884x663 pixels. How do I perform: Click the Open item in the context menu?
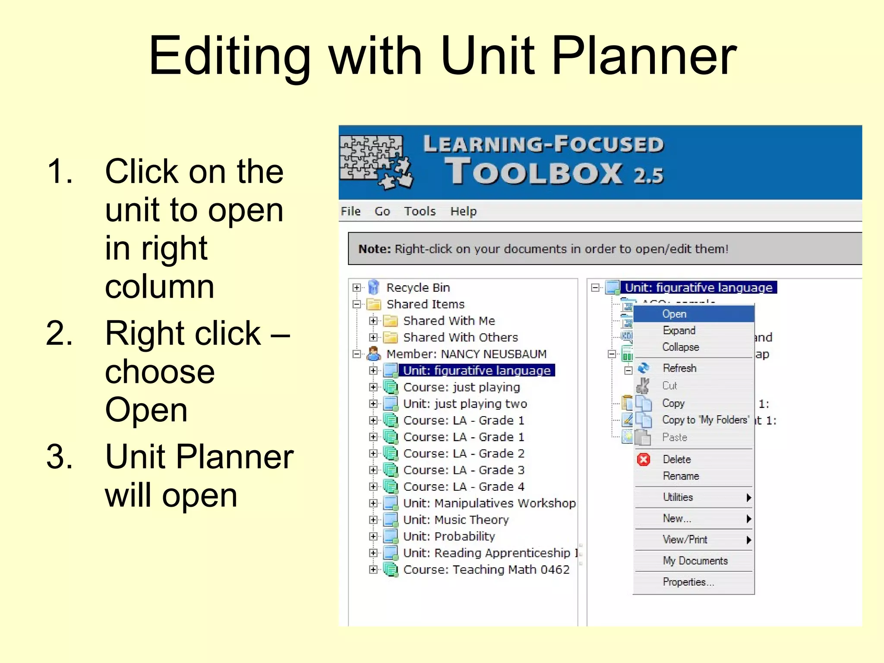674,314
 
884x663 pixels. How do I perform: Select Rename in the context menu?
681,476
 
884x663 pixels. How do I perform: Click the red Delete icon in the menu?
643,459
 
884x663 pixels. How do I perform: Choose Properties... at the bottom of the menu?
688,582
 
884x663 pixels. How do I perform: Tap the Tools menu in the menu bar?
420,211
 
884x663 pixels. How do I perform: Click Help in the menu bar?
463,211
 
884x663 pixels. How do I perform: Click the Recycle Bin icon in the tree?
374,287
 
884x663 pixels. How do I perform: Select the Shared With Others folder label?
460,337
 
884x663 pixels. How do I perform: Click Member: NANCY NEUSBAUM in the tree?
466,354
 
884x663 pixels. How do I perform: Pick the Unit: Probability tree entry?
449,536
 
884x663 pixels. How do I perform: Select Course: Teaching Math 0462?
486,569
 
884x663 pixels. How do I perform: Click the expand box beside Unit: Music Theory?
373,520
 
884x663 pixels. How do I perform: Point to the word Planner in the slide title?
644,56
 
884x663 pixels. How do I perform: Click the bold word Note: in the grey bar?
374,249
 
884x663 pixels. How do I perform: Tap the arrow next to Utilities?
748,498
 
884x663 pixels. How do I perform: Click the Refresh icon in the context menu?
643,368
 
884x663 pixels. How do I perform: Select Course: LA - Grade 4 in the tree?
464,486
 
